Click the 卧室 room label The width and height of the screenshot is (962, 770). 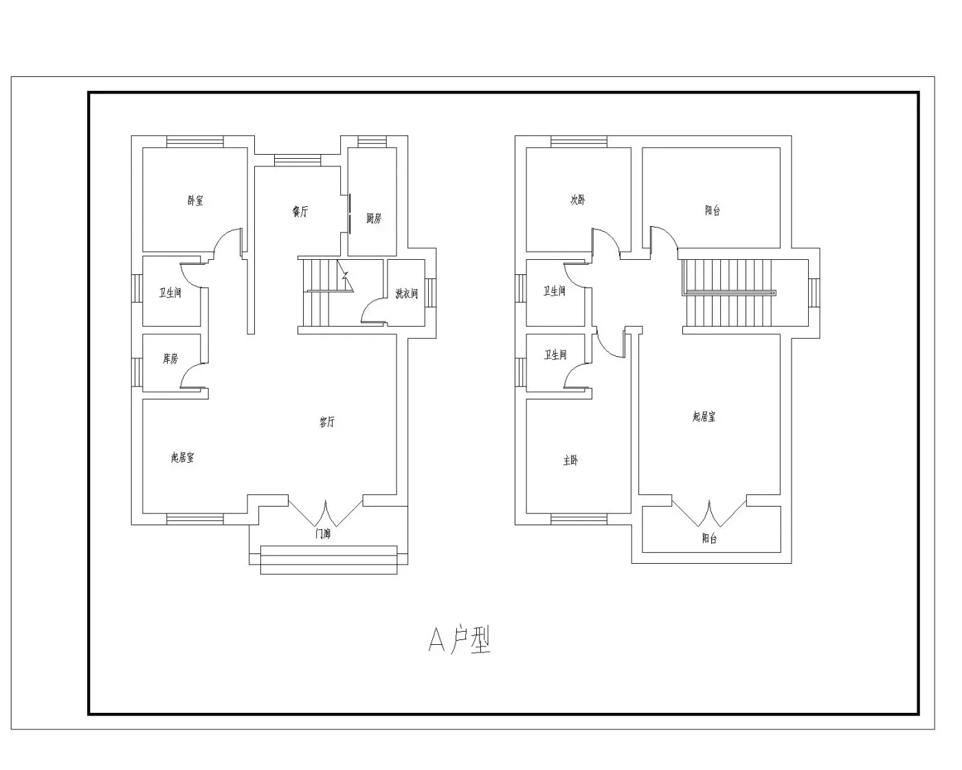point(195,200)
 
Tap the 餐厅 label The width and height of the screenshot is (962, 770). point(300,211)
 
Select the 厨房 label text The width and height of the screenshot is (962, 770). point(374,219)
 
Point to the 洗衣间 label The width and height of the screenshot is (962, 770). point(406,294)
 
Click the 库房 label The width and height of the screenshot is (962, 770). point(170,358)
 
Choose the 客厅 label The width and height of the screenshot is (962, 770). point(327,421)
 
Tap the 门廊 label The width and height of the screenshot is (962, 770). point(323,533)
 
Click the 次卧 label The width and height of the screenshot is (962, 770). point(578,199)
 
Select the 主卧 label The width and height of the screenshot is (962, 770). point(570,461)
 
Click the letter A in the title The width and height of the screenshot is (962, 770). point(436,640)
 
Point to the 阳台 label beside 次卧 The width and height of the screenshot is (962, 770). point(713,210)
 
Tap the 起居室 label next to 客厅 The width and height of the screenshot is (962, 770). point(182,457)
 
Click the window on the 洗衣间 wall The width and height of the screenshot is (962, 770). point(430,293)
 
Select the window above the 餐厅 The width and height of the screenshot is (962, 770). point(298,160)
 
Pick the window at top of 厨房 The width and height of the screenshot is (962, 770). point(372,142)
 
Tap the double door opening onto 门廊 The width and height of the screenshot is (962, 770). point(326,513)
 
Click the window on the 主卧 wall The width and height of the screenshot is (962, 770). point(579,519)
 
